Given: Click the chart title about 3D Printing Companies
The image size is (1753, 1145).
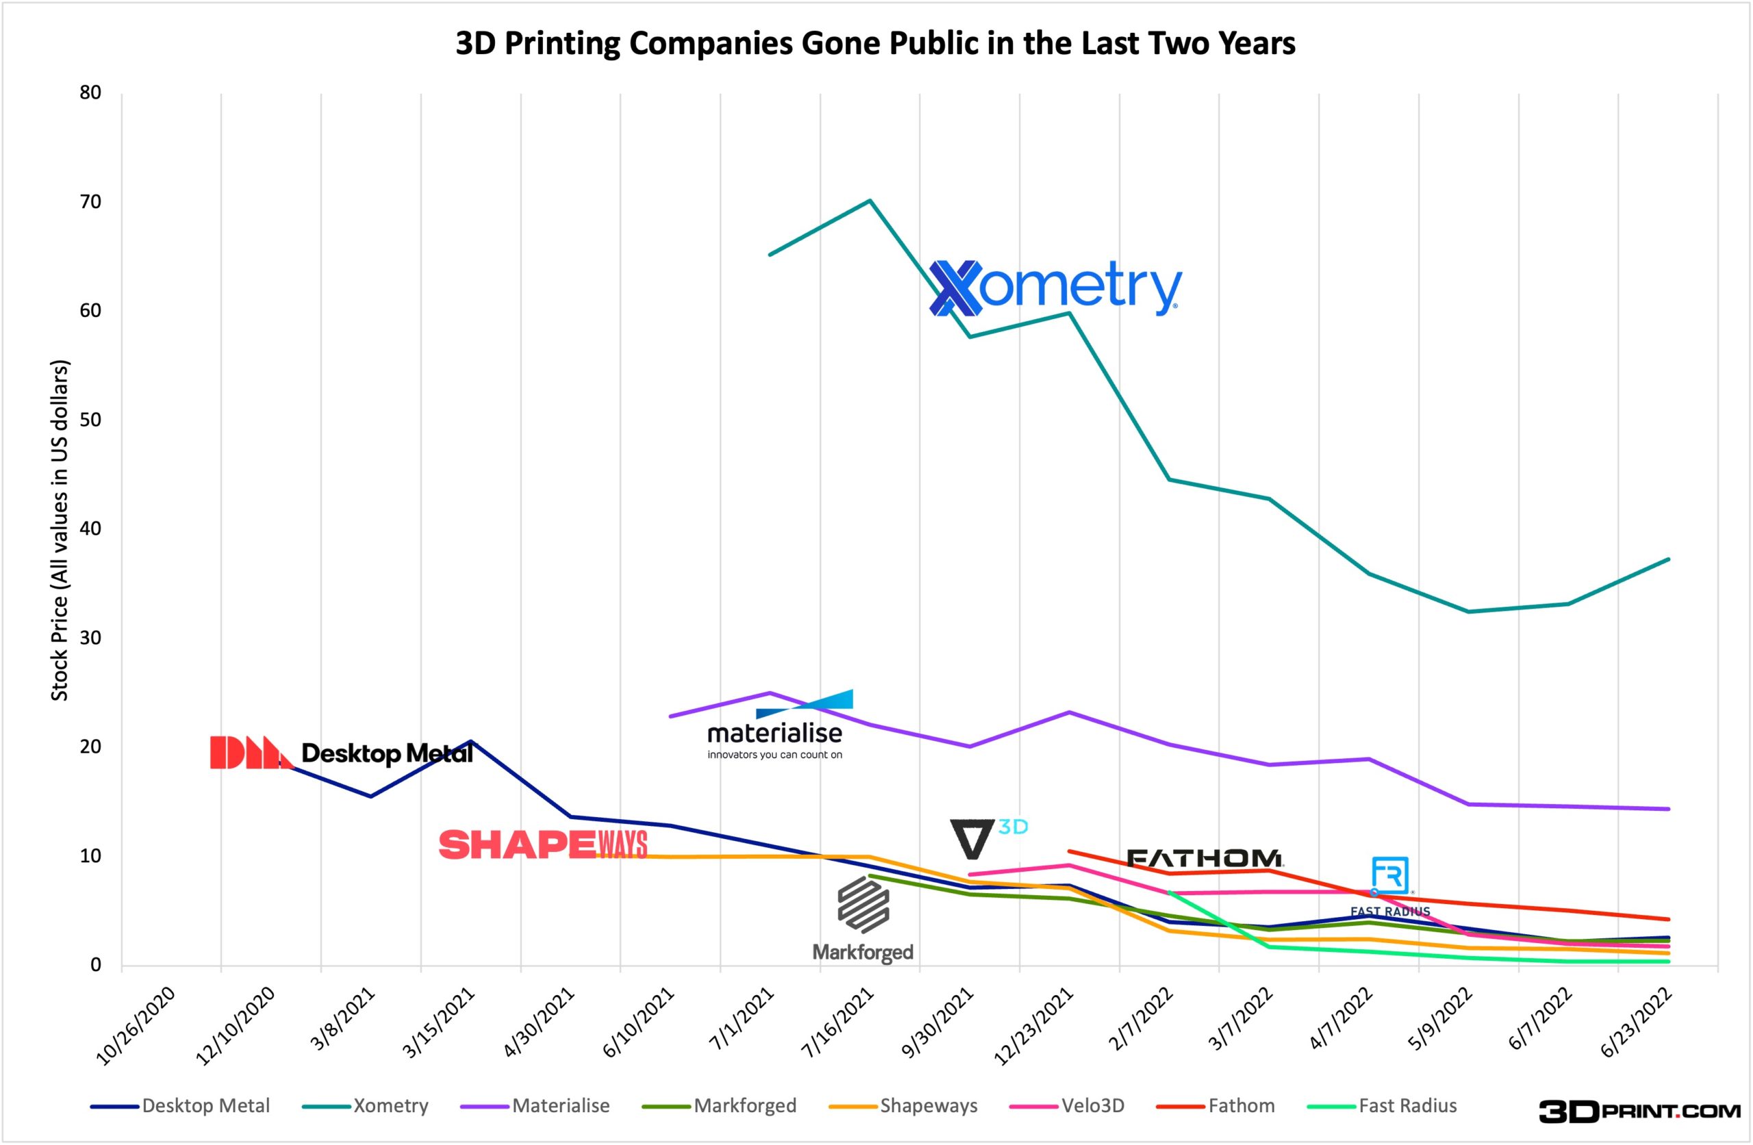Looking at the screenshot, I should pos(875,43).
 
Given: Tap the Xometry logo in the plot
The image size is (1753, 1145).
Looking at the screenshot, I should pos(1055,288).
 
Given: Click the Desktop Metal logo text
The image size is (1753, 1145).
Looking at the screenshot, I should pos(387,753).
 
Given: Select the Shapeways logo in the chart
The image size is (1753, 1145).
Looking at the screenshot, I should pos(543,845).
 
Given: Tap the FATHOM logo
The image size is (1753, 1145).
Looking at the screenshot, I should pos(1205,858).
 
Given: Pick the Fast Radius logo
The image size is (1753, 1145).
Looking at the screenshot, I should pos(1390,886).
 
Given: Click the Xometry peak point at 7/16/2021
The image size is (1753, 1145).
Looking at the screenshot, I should pos(870,201).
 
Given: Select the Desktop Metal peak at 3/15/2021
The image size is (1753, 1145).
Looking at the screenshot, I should pos(470,741).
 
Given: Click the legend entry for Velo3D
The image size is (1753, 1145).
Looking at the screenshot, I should pos(1068,1106).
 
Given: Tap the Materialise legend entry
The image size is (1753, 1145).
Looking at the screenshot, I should pos(535,1106).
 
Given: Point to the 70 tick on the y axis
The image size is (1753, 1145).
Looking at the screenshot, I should pos(90,202).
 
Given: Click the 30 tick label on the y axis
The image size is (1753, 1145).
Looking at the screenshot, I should pos(90,638).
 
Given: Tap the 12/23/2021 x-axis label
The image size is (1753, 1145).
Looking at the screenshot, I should pos(1035,1027).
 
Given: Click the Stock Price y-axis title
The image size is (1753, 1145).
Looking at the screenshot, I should pos(59,531).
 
